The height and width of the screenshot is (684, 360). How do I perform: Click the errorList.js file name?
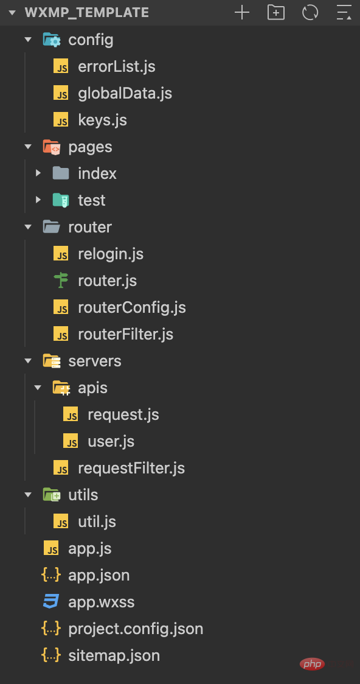coord(116,67)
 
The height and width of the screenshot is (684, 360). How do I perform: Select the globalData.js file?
coord(125,93)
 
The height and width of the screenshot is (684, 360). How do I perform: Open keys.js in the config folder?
coord(102,120)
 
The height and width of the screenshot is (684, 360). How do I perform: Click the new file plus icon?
coord(242,12)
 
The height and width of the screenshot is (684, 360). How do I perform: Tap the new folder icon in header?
coord(276,12)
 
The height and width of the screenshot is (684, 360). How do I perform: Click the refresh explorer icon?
coord(310,12)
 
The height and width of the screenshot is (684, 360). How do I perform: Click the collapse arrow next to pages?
coord(29,147)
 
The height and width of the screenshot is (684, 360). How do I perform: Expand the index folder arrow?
coord(38,173)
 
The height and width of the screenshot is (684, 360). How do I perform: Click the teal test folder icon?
coord(61,200)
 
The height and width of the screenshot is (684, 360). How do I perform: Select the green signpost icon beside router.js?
coord(61,281)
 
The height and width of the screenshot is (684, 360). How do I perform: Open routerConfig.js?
coord(132,307)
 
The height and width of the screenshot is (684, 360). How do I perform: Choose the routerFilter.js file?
coord(125,335)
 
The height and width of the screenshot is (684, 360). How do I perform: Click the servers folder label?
coord(95,361)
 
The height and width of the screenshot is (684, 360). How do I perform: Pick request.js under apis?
coord(123,415)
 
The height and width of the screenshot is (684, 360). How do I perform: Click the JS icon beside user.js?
coord(71,441)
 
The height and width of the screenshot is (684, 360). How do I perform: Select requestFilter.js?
coord(131,468)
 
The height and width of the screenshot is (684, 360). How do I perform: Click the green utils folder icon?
coord(52,495)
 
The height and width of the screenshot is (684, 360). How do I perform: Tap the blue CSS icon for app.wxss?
coord(51,602)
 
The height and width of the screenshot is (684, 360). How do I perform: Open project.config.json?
coord(136,629)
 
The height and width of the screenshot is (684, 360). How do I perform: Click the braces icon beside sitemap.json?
coord(51,655)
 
